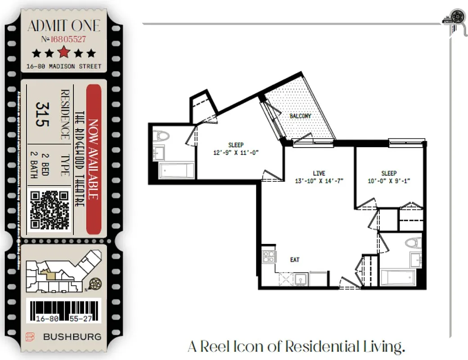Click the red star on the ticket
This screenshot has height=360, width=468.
click(64, 53)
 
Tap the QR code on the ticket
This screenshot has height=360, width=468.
click(49, 209)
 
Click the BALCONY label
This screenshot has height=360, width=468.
click(300, 116)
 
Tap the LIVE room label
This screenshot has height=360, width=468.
click(319, 173)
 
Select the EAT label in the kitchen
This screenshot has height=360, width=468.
click(295, 260)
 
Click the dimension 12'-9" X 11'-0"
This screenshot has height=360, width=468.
click(236, 153)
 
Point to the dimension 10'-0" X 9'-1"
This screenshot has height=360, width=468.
click(389, 181)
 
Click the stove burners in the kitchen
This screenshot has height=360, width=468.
click(269, 257)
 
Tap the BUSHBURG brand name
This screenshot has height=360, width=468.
click(72, 337)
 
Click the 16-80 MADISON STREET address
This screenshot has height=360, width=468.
click(64, 67)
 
